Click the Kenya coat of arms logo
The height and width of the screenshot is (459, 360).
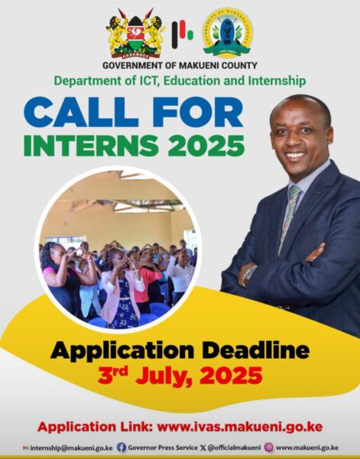tap(135, 33)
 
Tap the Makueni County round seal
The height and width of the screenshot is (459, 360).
tap(227, 33)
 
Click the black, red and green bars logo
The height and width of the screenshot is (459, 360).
tap(182, 34)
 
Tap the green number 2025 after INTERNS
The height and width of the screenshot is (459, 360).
tap(206, 145)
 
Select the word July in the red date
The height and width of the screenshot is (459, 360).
tap(167, 376)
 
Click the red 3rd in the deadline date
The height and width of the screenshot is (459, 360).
tap(113, 375)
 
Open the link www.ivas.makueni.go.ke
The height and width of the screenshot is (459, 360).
tap(240, 427)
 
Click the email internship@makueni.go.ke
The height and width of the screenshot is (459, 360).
tap(72, 448)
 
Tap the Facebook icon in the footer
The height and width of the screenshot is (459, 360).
tap(122, 448)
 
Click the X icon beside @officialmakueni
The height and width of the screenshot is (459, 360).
tap(203, 448)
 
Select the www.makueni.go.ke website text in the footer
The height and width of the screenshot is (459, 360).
tap(307, 448)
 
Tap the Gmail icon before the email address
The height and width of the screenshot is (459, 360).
tap(26, 448)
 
